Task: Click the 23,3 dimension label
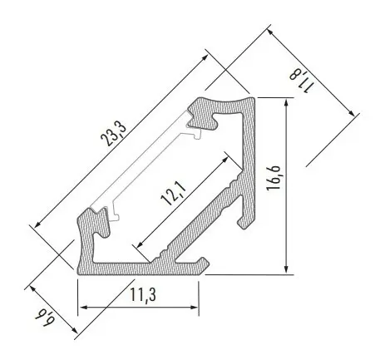point(113,134)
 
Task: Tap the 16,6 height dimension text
point(274,178)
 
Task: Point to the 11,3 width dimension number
point(143,294)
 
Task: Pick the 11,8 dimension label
point(303,81)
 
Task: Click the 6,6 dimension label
point(46,317)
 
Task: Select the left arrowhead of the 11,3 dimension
point(83,308)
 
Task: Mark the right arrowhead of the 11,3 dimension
point(194,307)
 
